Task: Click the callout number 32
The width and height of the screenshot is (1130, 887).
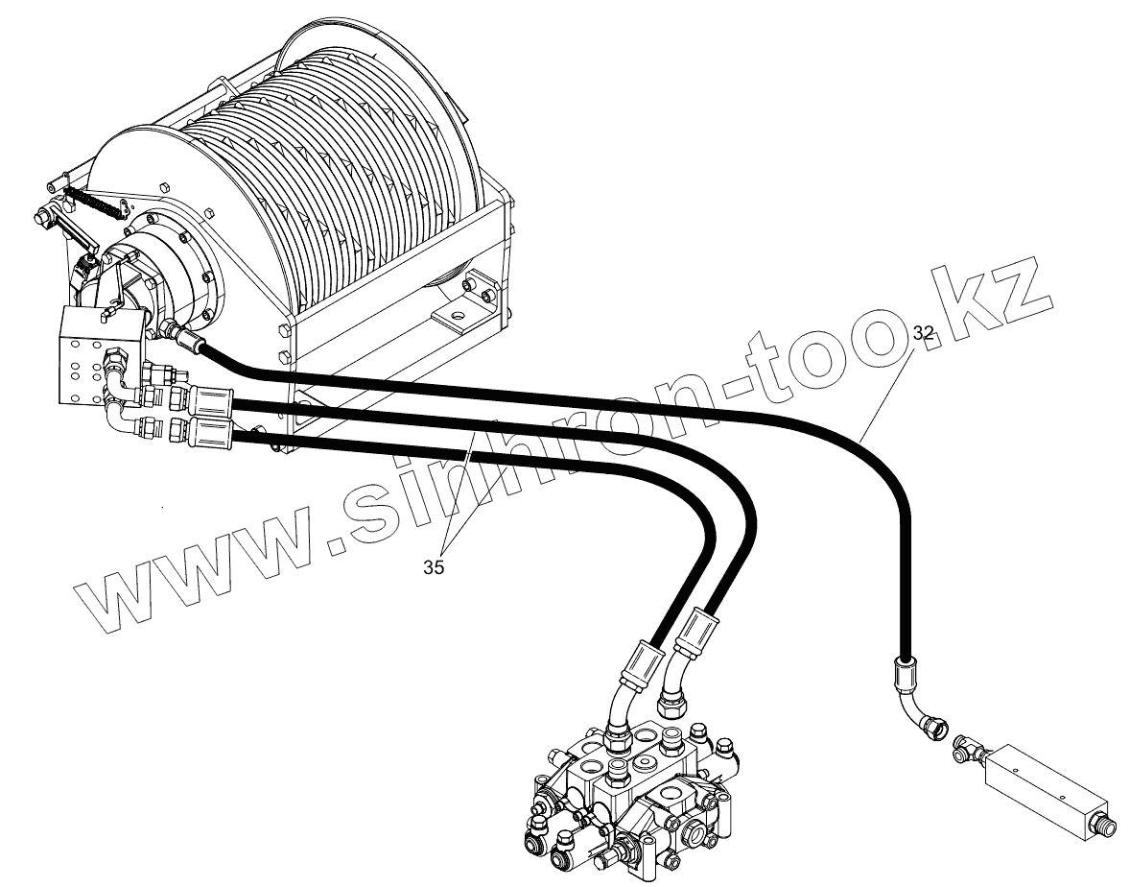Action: [924, 333]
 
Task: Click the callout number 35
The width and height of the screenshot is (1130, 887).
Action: [434, 567]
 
